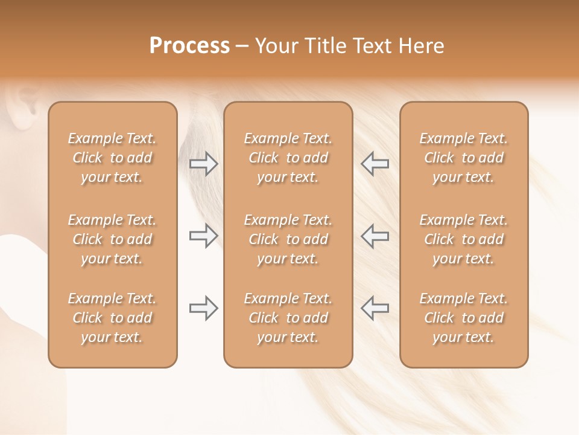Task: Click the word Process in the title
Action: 189,46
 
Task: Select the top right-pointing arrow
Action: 203,164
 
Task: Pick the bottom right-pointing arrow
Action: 203,308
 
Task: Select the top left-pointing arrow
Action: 375,164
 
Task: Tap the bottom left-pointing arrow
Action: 375,308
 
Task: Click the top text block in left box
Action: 112,158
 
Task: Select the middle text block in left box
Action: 112,239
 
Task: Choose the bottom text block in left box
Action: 112,318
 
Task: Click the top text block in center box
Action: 288,158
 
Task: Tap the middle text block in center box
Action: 288,239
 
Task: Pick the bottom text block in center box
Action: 288,318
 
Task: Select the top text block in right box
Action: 464,158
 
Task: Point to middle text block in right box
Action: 464,239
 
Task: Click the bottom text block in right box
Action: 464,318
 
